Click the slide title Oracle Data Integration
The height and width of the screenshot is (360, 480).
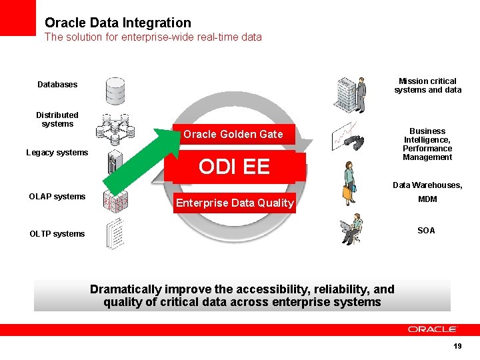tap(118, 23)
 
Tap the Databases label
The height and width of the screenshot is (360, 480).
tap(57, 85)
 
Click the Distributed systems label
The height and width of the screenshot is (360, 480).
tap(57, 119)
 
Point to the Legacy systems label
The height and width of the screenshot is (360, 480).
tap(57, 153)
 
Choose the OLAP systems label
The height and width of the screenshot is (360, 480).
tap(57, 197)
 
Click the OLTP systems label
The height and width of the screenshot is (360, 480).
tap(57, 234)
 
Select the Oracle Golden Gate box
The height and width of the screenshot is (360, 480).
tap(233, 135)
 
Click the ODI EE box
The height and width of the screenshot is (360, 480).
tap(234, 167)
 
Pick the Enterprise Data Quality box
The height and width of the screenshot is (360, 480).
tap(234, 203)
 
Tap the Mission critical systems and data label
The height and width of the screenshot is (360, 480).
tap(427, 85)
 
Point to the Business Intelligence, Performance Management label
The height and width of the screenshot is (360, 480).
tap(427, 144)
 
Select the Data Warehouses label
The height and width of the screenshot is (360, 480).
tap(427, 185)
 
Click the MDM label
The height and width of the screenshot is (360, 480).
tap(427, 200)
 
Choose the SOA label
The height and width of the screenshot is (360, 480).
tap(426, 231)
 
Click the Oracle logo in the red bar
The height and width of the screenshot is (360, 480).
tap(432, 329)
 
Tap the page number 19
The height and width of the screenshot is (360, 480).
tap(457, 346)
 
